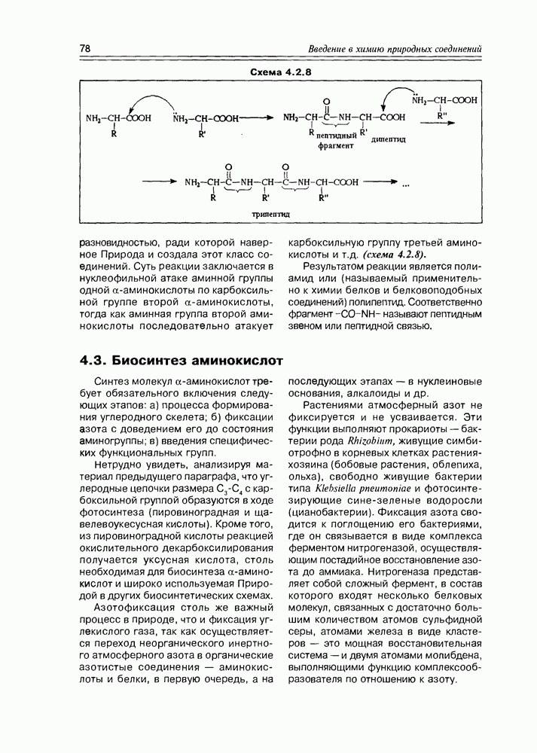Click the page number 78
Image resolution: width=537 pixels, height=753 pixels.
[85, 49]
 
